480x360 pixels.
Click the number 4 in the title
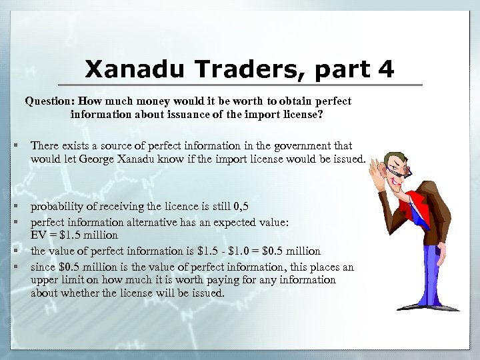[x=385, y=69]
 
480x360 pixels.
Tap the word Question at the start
[x=49, y=102]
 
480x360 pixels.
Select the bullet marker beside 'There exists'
[x=14, y=145]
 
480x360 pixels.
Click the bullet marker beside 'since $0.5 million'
[x=14, y=267]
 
